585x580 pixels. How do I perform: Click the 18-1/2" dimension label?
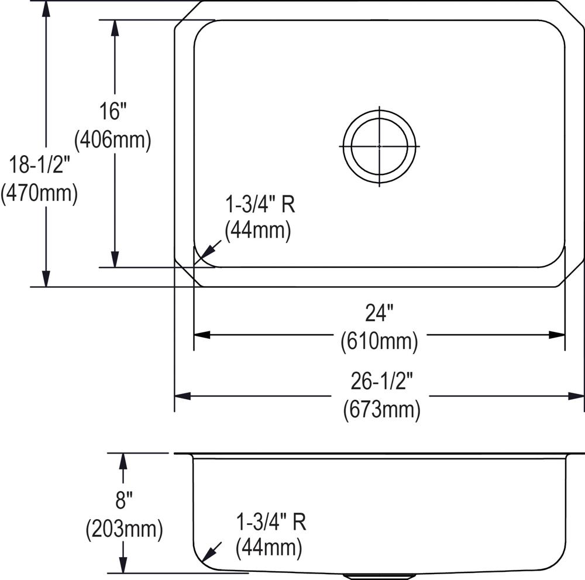point(40,164)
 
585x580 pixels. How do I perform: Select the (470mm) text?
point(39,193)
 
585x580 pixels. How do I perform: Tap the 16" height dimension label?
point(113,111)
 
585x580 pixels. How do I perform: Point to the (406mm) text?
point(113,140)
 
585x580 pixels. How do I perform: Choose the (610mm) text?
point(379,341)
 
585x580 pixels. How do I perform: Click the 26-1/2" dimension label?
point(381,381)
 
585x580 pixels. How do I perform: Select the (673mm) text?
point(381,410)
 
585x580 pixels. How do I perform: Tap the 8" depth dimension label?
point(124,500)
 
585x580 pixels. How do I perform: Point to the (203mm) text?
point(124,529)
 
